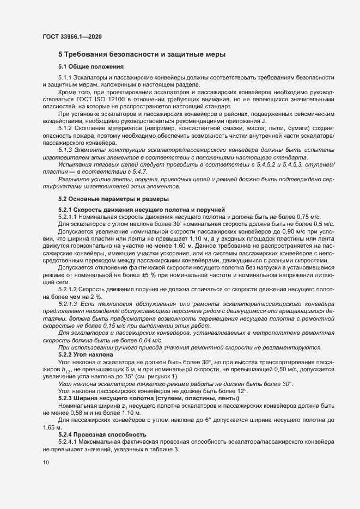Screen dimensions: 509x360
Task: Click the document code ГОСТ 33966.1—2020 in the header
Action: point(72,36)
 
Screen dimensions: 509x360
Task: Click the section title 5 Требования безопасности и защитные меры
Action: point(142,54)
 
